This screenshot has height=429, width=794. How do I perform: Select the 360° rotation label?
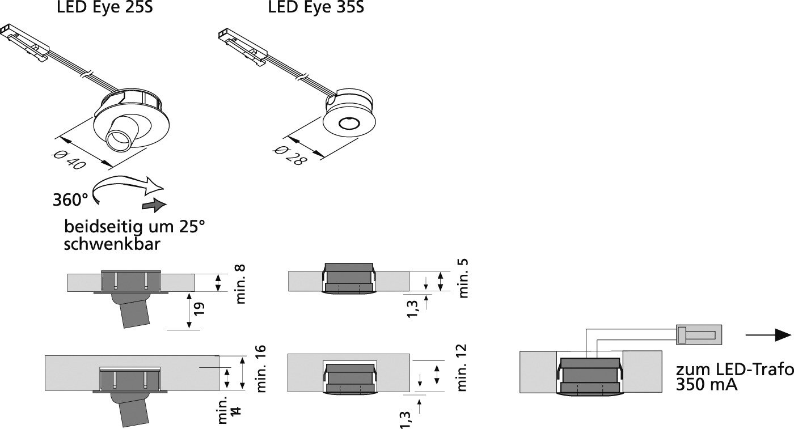pyautogui.click(x=70, y=200)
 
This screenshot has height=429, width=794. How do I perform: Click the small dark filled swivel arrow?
pyautogui.click(x=154, y=204)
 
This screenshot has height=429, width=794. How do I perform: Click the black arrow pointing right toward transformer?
pyautogui.click(x=768, y=335)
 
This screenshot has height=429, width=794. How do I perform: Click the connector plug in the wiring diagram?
pyautogui.click(x=699, y=334)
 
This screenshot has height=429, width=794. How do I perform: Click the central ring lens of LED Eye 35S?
pyautogui.click(x=347, y=123)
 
